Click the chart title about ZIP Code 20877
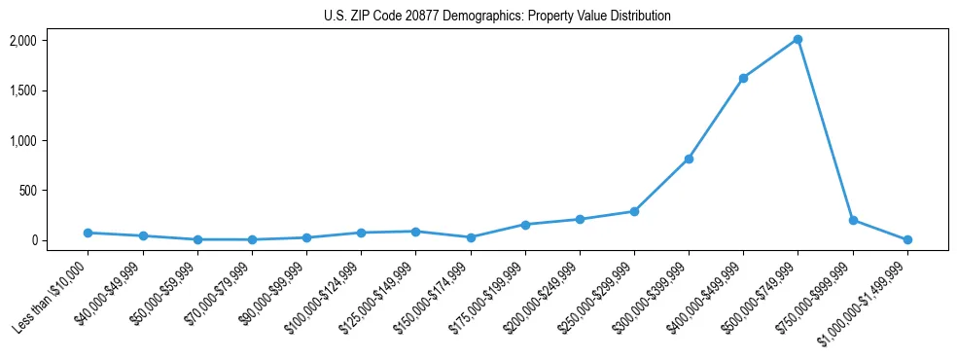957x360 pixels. click(497, 17)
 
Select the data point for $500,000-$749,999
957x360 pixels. click(797, 40)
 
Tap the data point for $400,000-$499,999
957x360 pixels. click(743, 78)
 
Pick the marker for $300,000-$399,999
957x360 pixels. click(689, 159)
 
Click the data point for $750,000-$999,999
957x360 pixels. click(853, 220)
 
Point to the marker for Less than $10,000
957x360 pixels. click(88, 233)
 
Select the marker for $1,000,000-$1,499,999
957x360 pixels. click(907, 239)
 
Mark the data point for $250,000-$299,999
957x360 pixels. click(634, 211)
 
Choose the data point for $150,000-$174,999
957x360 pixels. click(471, 237)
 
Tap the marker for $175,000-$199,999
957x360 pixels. click(525, 225)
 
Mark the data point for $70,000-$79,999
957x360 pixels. click(252, 239)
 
